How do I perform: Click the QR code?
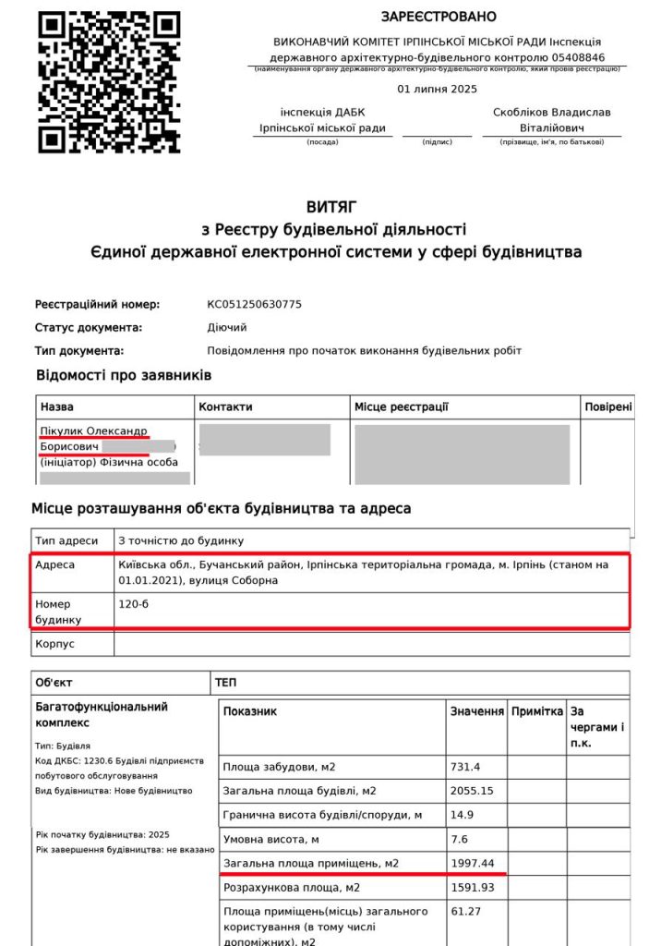coord(109,81)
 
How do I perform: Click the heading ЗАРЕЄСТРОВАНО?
coord(439,17)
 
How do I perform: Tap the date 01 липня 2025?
coord(437,90)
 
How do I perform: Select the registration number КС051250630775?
coord(255,304)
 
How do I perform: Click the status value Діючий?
coord(227,327)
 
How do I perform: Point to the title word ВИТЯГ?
coord(331,207)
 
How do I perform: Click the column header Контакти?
coord(225,406)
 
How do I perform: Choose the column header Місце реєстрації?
coord(402,406)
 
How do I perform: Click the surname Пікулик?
coord(67,431)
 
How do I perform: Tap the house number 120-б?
coord(135,603)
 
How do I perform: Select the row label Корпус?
coord(54,643)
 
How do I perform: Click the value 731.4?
coord(465,767)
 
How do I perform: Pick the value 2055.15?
coord(472,791)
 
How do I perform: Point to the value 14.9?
coord(462,815)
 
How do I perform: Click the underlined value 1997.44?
coord(472,863)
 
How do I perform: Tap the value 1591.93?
coord(472,887)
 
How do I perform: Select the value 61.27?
coord(465,911)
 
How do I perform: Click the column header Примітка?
coord(536,711)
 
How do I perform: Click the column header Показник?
coord(250,711)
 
